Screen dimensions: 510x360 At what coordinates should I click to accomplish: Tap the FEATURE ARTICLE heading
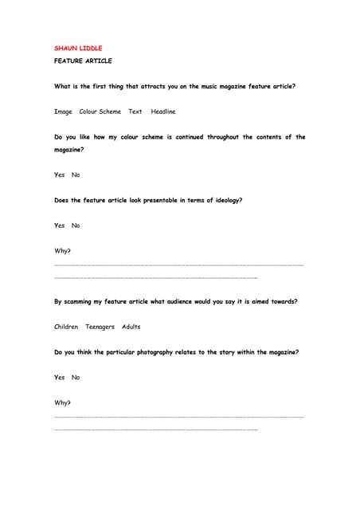(x=83, y=61)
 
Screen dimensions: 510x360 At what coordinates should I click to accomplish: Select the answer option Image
(x=63, y=112)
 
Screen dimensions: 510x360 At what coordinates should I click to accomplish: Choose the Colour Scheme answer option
(x=100, y=112)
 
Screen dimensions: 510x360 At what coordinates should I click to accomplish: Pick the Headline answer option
(x=163, y=112)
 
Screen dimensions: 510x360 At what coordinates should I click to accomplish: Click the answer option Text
(x=135, y=112)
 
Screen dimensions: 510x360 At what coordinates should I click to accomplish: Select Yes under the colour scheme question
(x=60, y=175)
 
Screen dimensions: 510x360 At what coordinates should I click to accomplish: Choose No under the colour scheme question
(x=76, y=175)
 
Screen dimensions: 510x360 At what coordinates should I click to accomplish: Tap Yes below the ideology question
(x=60, y=226)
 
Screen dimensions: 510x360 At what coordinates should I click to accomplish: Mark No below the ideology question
(x=76, y=226)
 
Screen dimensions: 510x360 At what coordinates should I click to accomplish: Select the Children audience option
(x=66, y=327)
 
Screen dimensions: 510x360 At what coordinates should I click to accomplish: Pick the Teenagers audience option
(x=100, y=327)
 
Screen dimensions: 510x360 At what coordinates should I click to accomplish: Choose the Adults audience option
(x=131, y=327)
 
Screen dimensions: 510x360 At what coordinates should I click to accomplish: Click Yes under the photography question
(x=60, y=377)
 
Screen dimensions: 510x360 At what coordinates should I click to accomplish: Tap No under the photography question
(x=76, y=377)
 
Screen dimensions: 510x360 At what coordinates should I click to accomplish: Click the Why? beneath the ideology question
(x=62, y=251)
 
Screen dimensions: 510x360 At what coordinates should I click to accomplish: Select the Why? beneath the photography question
(x=62, y=402)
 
